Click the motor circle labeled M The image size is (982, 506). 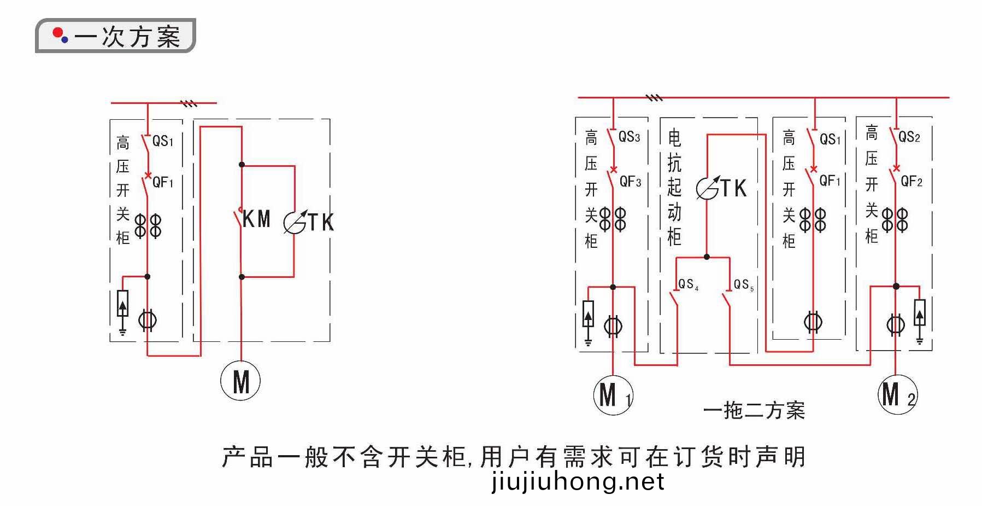point(240,380)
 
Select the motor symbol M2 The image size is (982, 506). point(897,394)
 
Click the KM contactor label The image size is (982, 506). point(256,219)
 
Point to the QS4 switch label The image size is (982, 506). point(688,284)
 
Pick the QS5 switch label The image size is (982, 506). point(744,284)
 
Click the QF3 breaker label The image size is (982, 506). point(630,181)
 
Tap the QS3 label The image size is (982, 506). point(629,136)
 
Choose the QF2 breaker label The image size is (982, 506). point(912,181)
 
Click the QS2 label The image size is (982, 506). point(909,136)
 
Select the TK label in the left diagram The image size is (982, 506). point(321,222)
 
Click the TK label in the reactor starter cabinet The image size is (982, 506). point(733,188)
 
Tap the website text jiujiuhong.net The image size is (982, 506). point(578,482)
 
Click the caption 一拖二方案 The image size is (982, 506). point(754,410)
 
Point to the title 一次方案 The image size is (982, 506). point(128,37)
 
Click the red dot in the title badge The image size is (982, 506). point(57,33)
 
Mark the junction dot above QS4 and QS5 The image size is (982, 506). point(707,257)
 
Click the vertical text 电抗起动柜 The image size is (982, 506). point(674,187)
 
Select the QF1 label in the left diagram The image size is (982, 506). point(163,182)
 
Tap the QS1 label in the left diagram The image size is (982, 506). point(163,141)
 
